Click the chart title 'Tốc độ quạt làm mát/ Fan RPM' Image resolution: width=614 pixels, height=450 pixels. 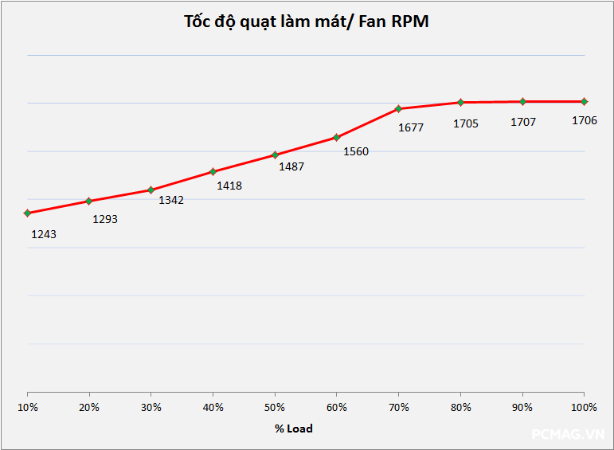click(307, 22)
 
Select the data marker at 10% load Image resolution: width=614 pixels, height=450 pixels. click(28, 213)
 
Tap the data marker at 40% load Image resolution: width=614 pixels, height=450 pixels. click(213, 171)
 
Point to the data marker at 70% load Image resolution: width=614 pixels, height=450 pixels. click(398, 108)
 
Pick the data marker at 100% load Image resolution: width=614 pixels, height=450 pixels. click(584, 101)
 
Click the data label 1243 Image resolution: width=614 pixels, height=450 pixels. click(44, 234)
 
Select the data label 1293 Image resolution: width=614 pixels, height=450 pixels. click(105, 218)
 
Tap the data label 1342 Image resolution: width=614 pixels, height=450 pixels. click(171, 200)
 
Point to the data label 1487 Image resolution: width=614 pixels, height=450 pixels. click(291, 166)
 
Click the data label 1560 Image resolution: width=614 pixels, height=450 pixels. click(356, 151)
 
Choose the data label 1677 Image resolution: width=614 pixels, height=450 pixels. click(411, 127)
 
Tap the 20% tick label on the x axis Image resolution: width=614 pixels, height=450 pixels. click(89, 407)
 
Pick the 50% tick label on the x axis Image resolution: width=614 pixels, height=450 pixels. click(275, 407)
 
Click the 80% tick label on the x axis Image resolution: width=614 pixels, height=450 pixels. click(460, 407)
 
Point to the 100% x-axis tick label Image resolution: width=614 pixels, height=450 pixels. click(584, 407)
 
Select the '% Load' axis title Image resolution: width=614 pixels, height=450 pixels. click(294, 428)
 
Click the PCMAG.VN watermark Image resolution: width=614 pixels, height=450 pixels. click(569, 435)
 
